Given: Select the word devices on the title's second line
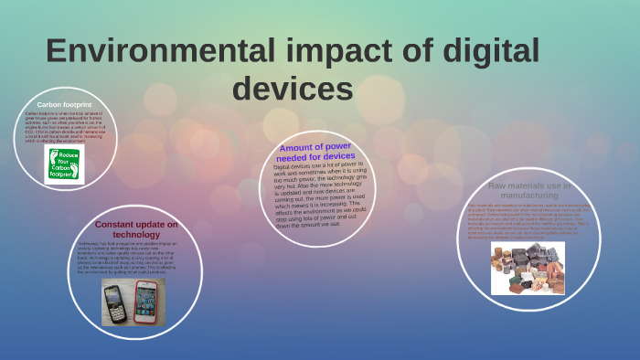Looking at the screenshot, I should tap(292, 90).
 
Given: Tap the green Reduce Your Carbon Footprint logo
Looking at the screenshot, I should tap(64, 164).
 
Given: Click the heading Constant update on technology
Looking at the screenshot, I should tap(136, 229).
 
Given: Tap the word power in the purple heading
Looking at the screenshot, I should tap(337, 145).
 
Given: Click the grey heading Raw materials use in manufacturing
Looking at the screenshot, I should tap(529, 190).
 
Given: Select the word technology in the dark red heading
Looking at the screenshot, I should tap(136, 235).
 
